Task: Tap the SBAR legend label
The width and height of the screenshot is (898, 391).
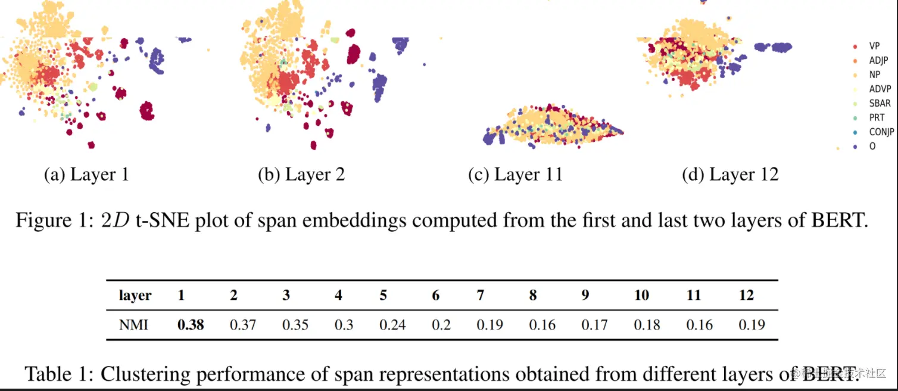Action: [x=880, y=103]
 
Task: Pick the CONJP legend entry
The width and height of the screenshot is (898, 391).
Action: [x=881, y=132]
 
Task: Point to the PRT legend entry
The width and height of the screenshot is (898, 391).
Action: [x=877, y=117]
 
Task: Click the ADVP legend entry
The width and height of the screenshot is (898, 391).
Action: [x=880, y=89]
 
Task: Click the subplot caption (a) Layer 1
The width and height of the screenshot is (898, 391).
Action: [x=86, y=175]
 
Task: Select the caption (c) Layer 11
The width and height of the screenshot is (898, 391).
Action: [x=515, y=175]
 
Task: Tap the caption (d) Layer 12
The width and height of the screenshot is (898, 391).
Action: [x=730, y=175]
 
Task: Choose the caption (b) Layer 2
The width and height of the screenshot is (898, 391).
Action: [x=301, y=175]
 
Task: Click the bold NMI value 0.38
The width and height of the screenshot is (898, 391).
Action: [x=191, y=325]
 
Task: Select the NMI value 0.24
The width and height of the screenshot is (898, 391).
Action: [x=392, y=325]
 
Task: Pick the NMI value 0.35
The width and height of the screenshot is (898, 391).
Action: [x=295, y=325]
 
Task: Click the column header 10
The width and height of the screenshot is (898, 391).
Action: [x=641, y=295]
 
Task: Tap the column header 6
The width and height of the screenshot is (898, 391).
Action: [x=436, y=295]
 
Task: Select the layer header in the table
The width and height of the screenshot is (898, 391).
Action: [x=135, y=295]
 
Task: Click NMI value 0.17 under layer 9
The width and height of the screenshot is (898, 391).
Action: [x=594, y=325]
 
